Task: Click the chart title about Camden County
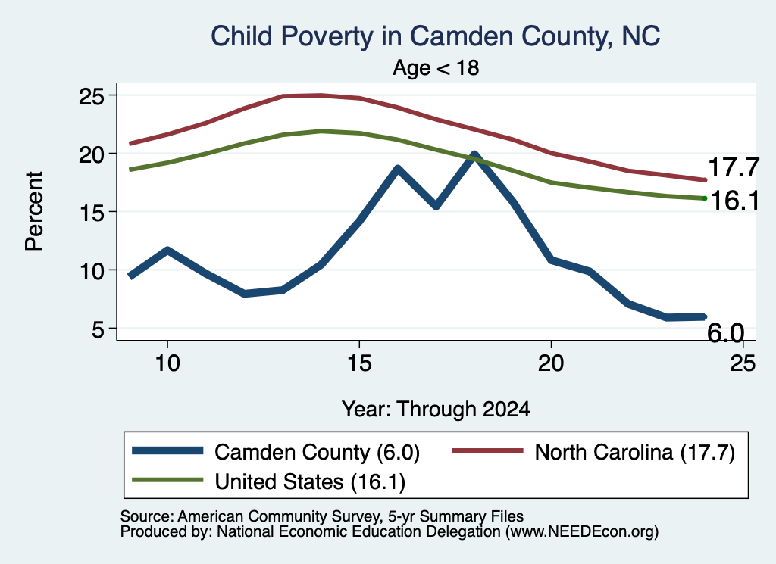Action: (x=436, y=36)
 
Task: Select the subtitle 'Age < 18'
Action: (x=436, y=67)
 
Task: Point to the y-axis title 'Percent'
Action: (x=34, y=211)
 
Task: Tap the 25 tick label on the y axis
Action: (x=92, y=96)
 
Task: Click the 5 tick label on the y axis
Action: (x=98, y=329)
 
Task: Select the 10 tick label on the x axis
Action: (x=167, y=363)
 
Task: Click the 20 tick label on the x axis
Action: (x=551, y=363)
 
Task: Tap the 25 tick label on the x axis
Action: (x=743, y=363)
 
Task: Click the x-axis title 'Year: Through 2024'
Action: (x=436, y=410)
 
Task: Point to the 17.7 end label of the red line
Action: (x=734, y=167)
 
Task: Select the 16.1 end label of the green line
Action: (x=734, y=201)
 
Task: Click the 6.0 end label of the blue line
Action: (x=725, y=332)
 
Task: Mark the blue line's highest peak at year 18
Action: (x=474, y=155)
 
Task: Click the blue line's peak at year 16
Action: (x=397, y=170)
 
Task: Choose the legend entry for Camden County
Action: (x=276, y=452)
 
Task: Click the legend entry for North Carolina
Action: (x=593, y=452)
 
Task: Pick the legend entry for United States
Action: (x=269, y=481)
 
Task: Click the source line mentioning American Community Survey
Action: (x=321, y=516)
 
